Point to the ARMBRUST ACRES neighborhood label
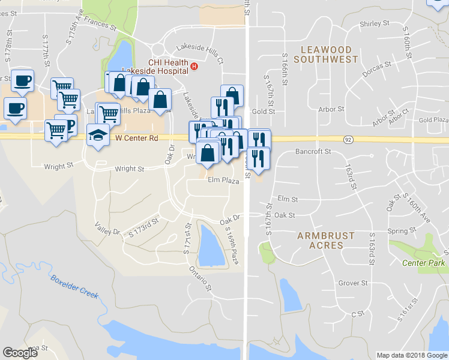point(326,240)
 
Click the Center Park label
point(423,263)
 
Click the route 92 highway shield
point(348,139)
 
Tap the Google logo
point(20,352)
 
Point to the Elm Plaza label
point(224,180)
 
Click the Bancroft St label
point(313,152)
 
